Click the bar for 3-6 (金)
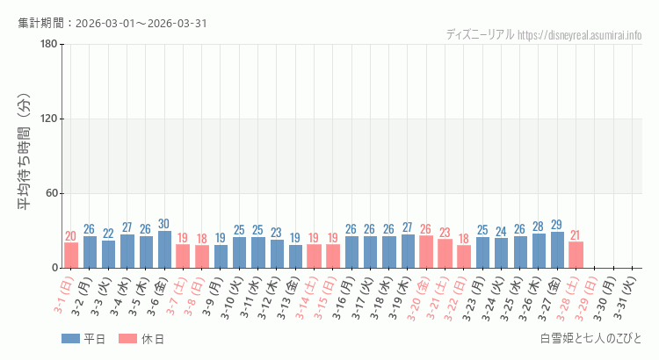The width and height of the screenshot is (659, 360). [164, 249]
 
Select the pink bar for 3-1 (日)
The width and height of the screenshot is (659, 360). [71, 255]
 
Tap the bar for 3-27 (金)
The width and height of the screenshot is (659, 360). [557, 250]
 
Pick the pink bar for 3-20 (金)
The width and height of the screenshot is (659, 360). [426, 252]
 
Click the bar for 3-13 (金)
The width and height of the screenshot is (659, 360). [295, 256]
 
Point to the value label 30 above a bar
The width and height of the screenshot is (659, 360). [164, 224]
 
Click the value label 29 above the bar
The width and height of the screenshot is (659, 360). [557, 225]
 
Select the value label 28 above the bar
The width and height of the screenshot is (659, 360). [539, 227]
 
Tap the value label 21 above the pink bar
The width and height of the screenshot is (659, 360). [576, 235]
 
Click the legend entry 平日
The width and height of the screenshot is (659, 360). [83, 339]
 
